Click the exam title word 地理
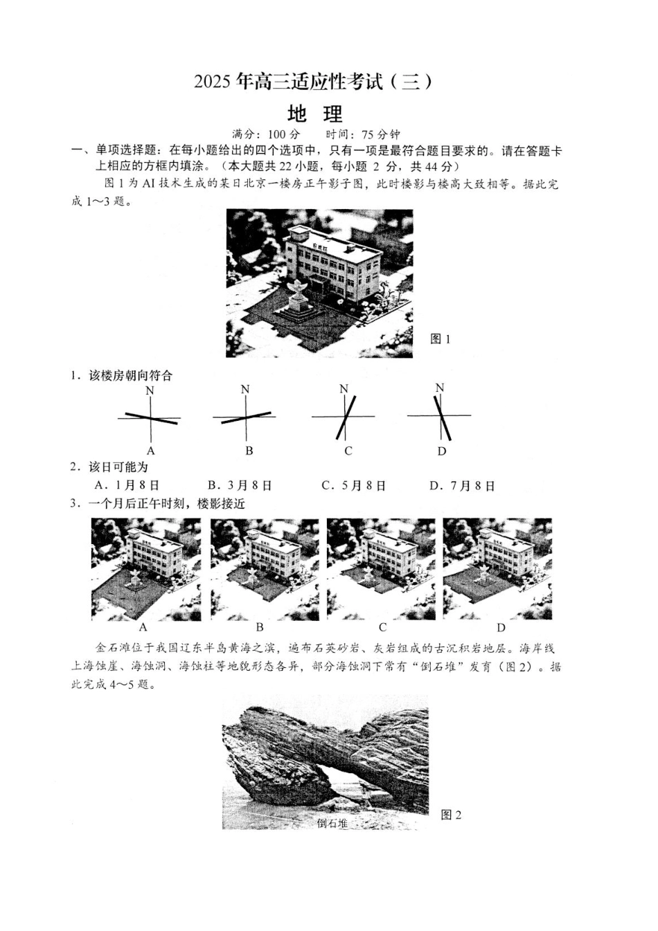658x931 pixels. point(315,113)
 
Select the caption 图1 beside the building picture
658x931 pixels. point(441,338)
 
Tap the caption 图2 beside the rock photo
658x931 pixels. point(451,815)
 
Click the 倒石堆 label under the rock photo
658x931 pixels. point(332,824)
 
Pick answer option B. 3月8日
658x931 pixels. point(240,486)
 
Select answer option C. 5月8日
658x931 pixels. point(354,486)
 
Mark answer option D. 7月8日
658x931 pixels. point(463,486)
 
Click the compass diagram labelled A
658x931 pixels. point(150,418)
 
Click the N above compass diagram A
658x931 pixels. point(150,391)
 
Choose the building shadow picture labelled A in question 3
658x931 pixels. point(145,569)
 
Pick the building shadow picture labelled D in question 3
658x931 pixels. point(497,569)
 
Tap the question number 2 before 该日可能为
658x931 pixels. point(74,467)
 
